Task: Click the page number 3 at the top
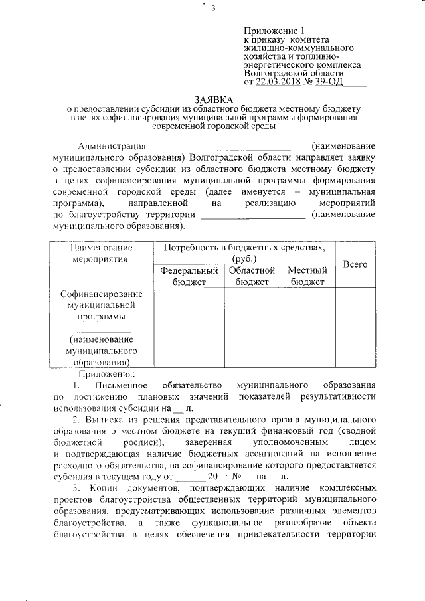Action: [213, 9]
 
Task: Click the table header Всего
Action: [355, 264]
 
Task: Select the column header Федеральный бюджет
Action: [189, 276]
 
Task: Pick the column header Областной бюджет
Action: [252, 276]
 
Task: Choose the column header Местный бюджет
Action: [306, 276]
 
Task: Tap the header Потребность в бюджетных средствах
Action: [244, 253]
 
